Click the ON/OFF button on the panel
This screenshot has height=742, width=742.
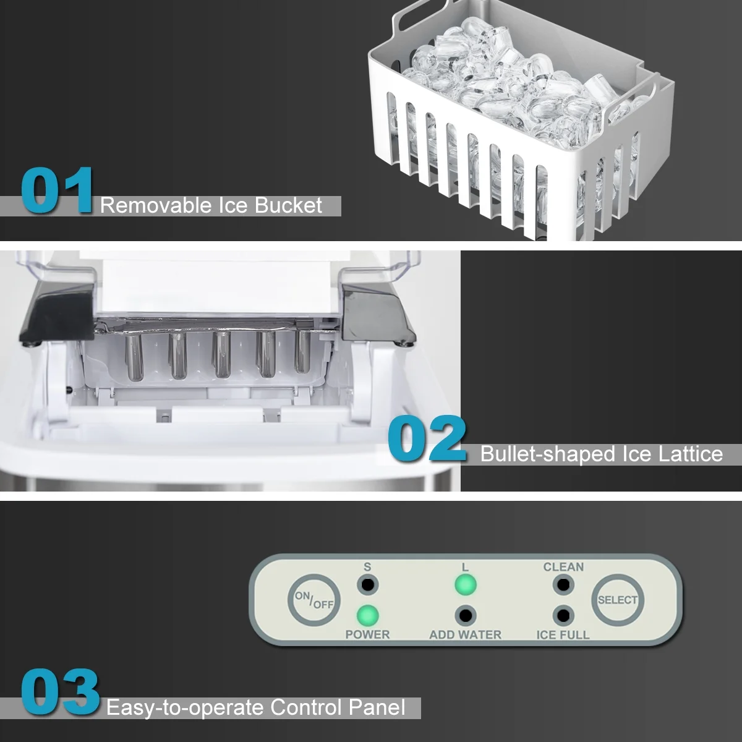[314, 600]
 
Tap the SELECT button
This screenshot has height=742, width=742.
[618, 600]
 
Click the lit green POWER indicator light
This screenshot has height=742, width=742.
[367, 615]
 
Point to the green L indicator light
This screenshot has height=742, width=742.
[465, 584]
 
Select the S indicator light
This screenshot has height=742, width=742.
[367, 584]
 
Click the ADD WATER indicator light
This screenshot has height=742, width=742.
[465, 615]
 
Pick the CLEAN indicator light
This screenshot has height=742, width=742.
[563, 584]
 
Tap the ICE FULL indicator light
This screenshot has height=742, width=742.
[563, 615]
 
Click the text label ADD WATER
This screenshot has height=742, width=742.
[465, 634]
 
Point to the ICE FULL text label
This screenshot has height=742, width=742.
[563, 634]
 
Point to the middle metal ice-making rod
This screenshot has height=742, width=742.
[220, 355]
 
